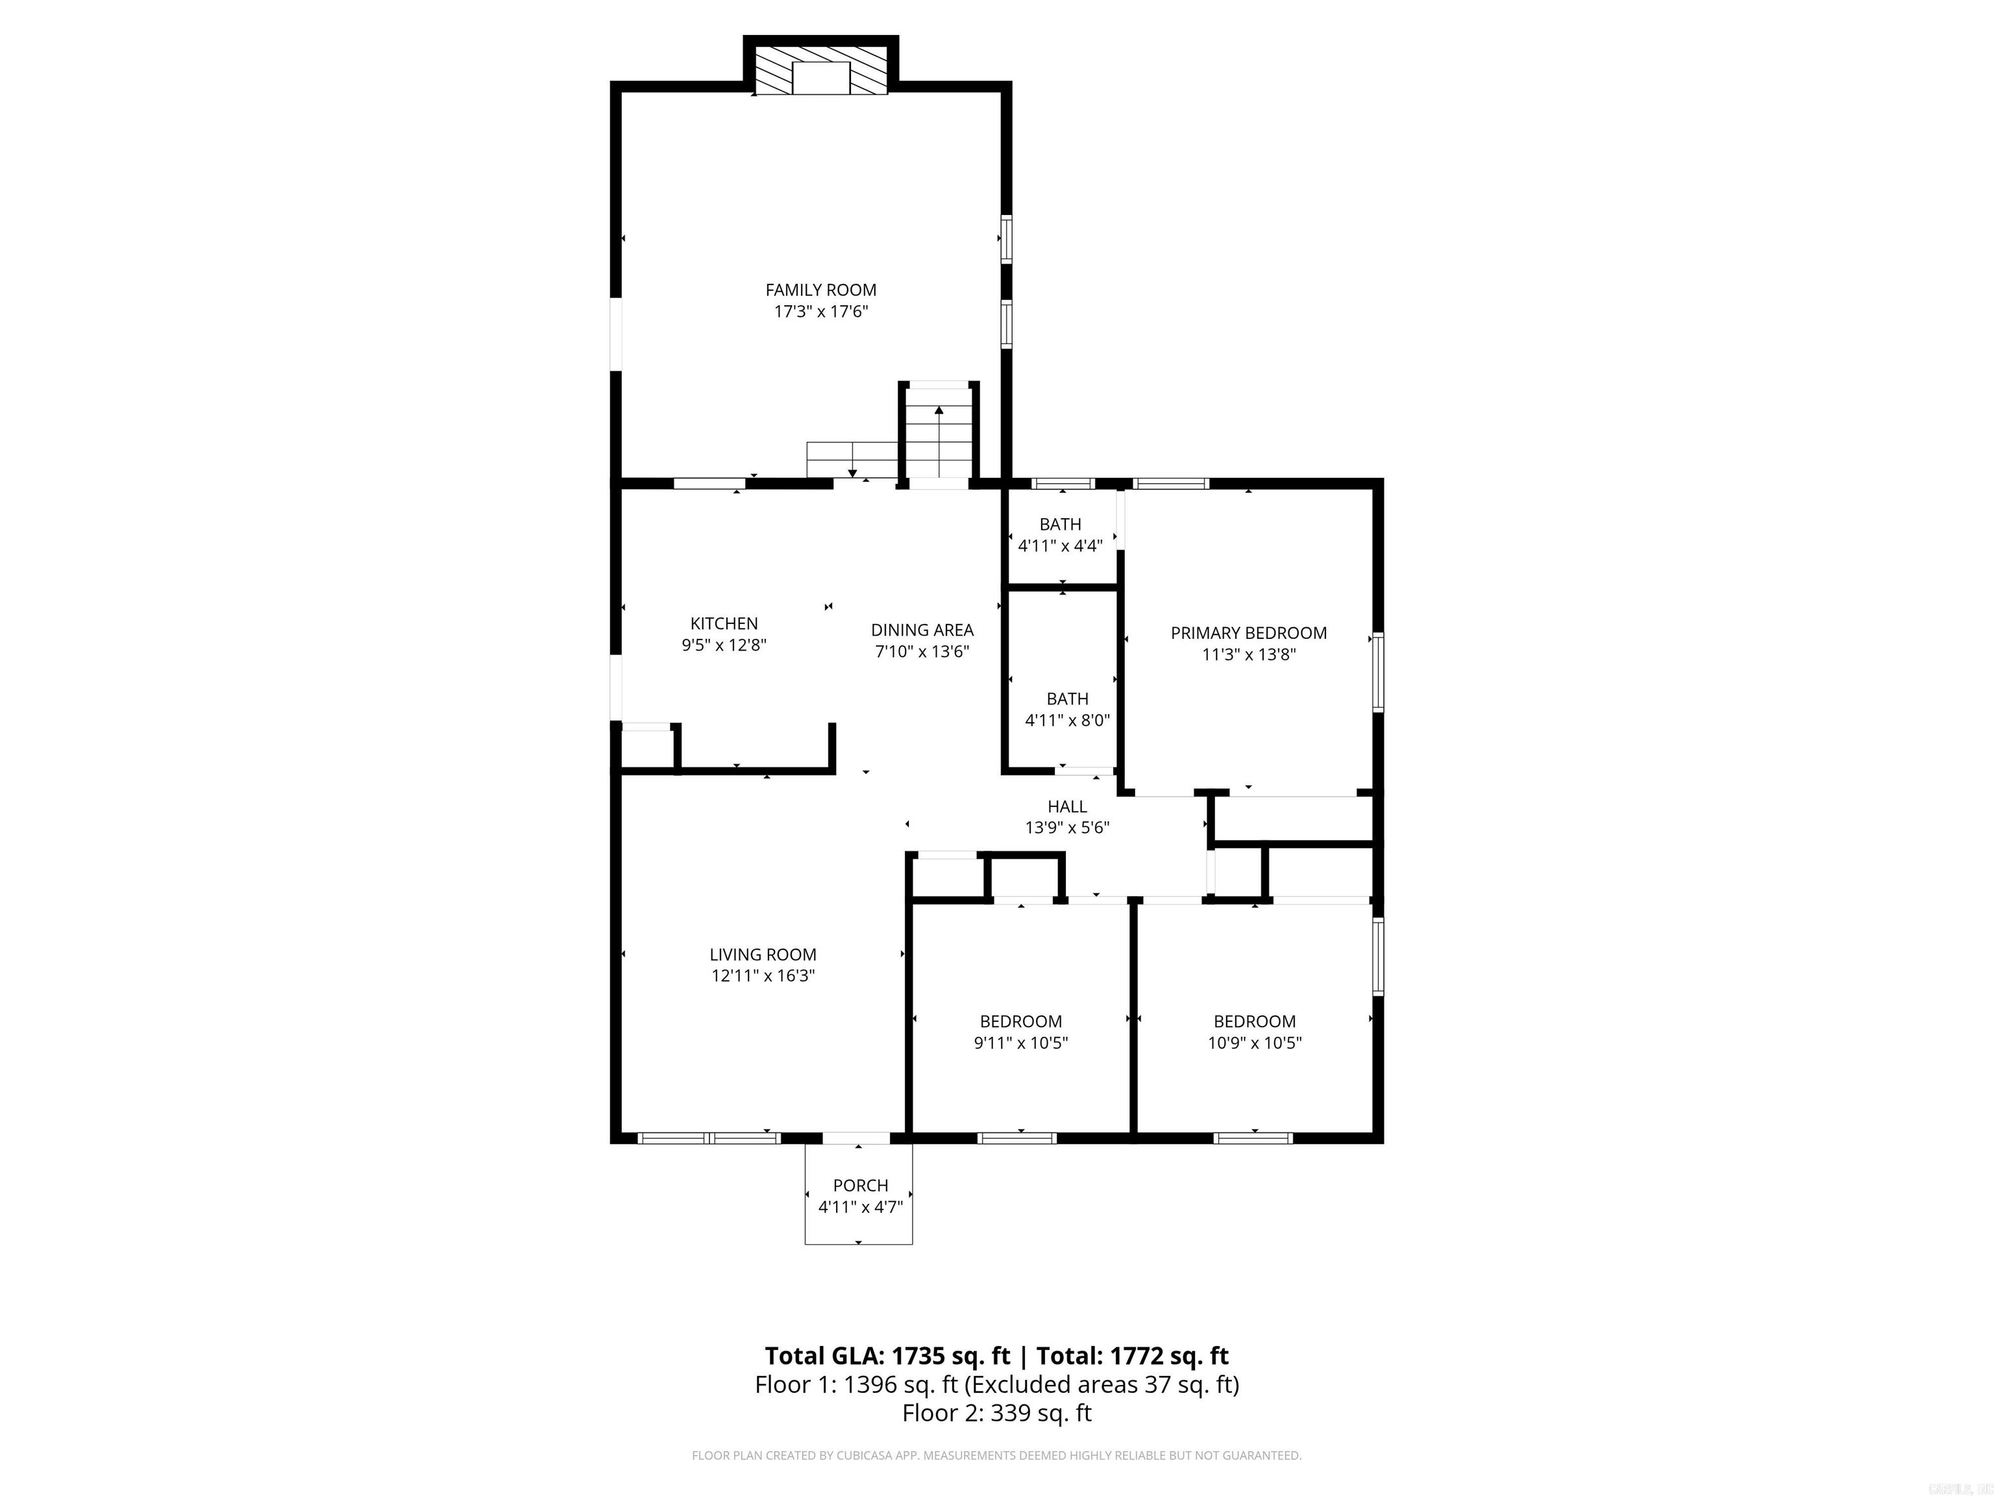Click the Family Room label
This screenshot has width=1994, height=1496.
[x=820, y=290]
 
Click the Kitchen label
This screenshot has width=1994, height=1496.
[x=724, y=623]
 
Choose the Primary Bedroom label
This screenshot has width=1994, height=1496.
[x=1248, y=633]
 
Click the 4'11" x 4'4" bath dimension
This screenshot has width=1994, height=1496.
[x=1060, y=545]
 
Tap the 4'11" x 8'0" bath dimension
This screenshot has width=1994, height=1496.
[x=1067, y=721]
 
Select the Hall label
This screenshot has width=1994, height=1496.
[x=1067, y=806]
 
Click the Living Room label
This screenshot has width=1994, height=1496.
[x=763, y=954]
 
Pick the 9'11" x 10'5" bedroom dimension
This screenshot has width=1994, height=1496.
[x=1020, y=1043]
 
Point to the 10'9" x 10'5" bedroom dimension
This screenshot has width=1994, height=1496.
[x=1255, y=1043]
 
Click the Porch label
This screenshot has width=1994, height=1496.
[x=860, y=1185]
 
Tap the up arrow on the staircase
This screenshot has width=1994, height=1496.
[x=939, y=411]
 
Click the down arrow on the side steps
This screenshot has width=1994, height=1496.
[x=852, y=473]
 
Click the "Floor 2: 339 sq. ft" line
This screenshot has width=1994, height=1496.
[x=997, y=1413]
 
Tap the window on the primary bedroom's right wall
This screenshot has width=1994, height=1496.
[x=1378, y=672]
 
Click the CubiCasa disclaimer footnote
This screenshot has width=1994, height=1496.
[x=997, y=1456]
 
